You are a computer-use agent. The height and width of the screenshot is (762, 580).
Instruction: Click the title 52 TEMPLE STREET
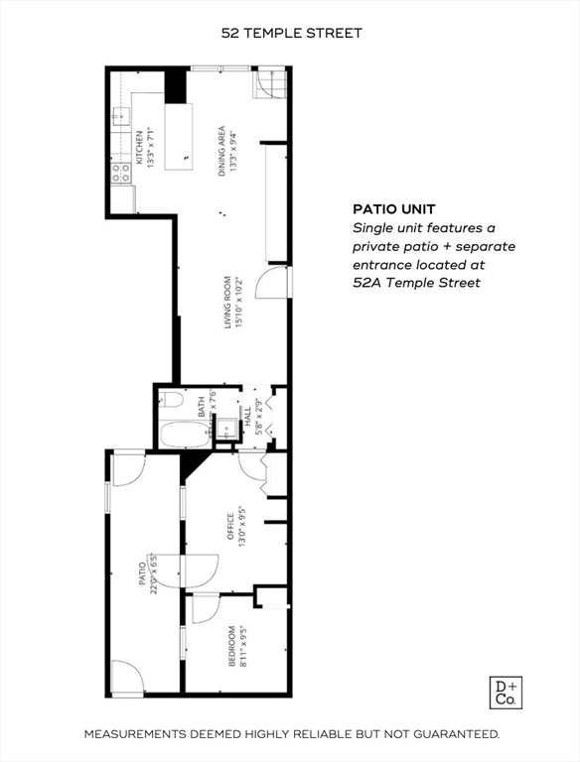point(291,33)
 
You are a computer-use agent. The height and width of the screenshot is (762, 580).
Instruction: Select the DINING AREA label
point(227,151)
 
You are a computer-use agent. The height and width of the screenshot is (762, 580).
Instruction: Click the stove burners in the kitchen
point(121,174)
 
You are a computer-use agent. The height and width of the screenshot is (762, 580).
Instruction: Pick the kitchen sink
point(119,117)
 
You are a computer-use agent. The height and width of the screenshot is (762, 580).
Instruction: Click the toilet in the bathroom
point(170,401)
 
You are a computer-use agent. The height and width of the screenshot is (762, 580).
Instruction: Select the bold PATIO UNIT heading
point(392,209)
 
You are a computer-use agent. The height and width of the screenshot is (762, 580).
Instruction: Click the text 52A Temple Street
point(416,283)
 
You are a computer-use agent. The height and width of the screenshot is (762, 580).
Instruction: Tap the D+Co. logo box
point(507,693)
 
